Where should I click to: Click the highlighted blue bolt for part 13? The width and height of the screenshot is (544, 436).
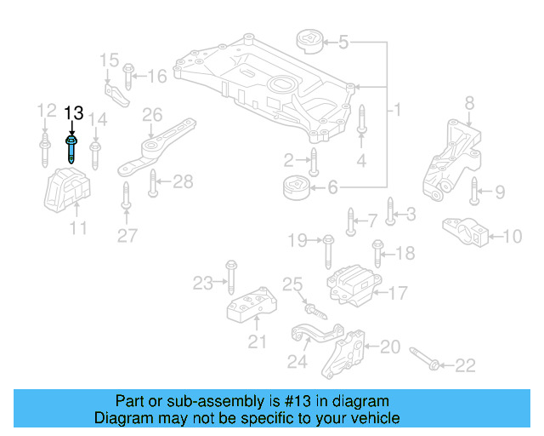tap(72, 149)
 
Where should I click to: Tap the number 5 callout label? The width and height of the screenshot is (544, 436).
tap(343, 41)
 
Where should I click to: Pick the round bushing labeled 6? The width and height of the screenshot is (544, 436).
tap(295, 186)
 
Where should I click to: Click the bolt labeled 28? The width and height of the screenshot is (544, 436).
tap(153, 181)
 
